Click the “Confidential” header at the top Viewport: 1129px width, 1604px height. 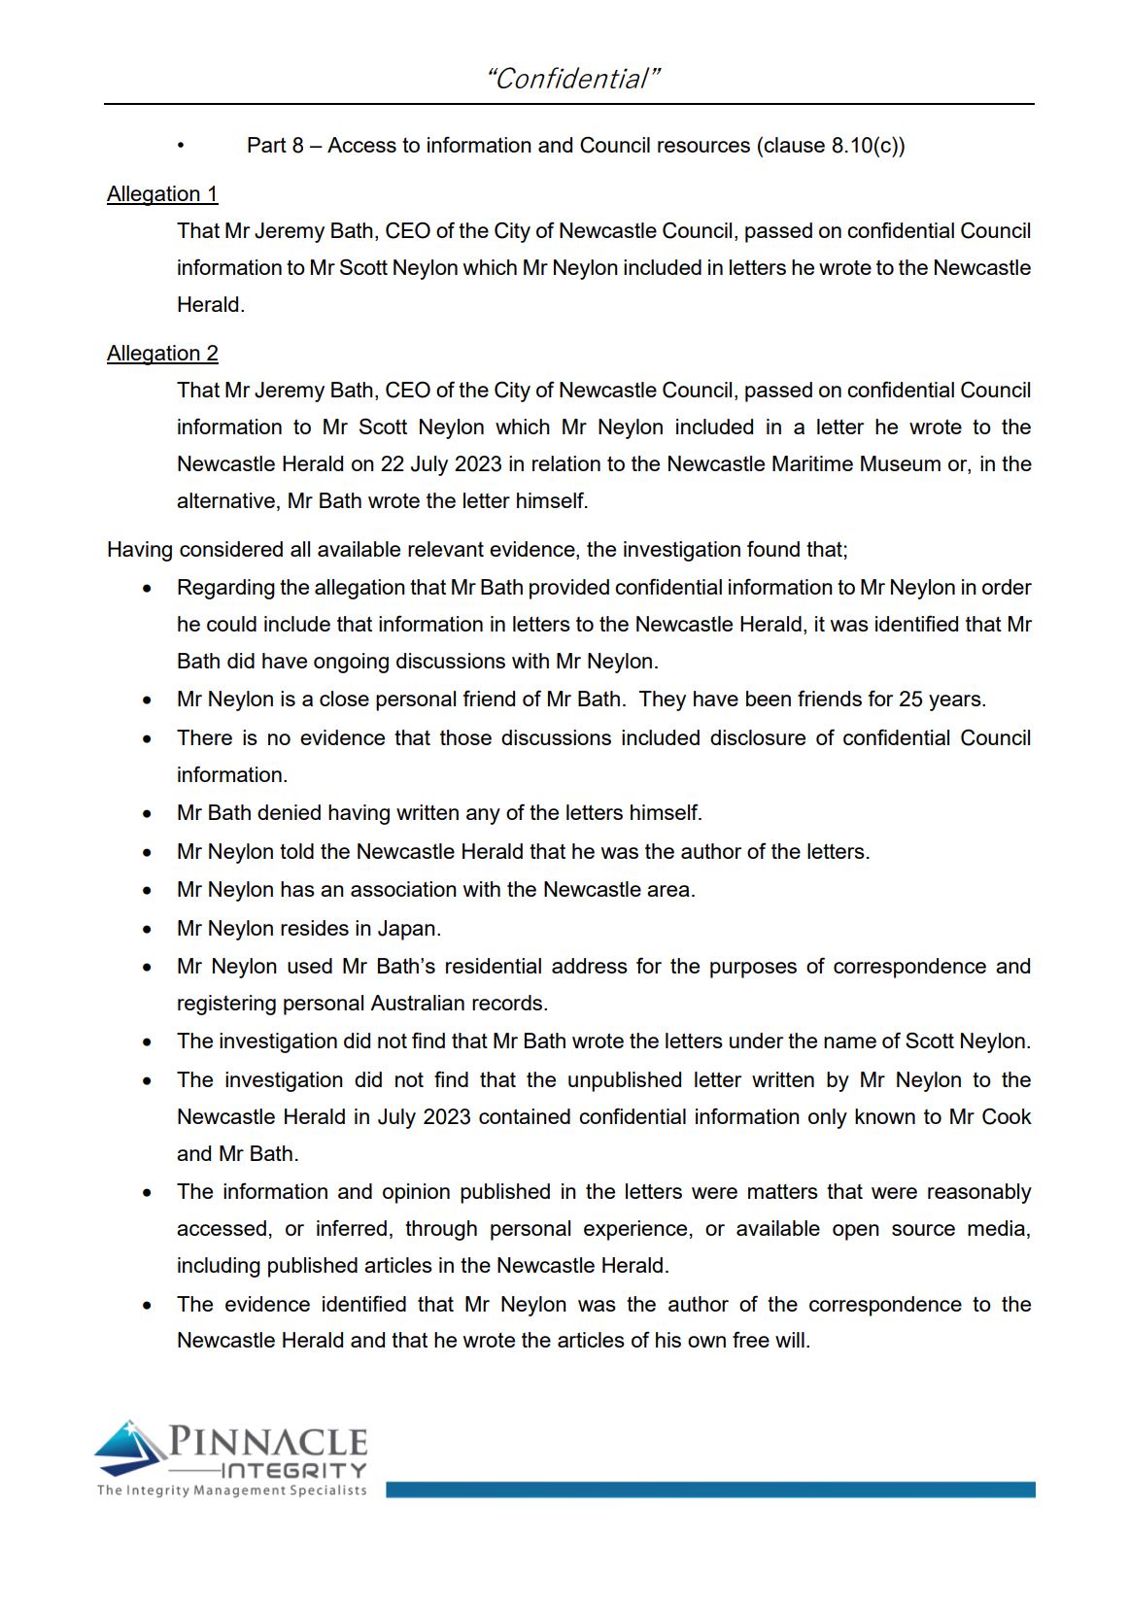(572, 79)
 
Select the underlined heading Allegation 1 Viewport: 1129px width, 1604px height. (162, 194)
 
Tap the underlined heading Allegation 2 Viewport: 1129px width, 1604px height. (162, 354)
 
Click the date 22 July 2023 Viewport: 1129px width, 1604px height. (441, 464)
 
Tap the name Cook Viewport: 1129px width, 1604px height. (1006, 1117)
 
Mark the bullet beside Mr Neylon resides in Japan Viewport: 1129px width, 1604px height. (147, 930)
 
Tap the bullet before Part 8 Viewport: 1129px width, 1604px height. (181, 146)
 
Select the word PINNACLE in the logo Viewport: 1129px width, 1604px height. (268, 1442)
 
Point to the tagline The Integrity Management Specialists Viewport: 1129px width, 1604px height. (231, 1490)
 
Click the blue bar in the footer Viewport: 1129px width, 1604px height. (709, 1489)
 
